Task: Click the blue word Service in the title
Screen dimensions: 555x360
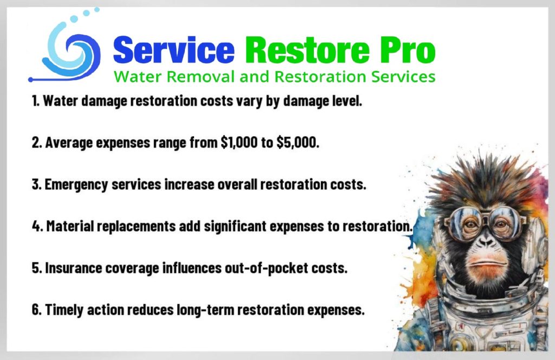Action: click(174, 50)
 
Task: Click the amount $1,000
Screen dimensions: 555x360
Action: click(239, 143)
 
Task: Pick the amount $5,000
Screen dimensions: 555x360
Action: click(298, 143)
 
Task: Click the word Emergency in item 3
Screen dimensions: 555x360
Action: click(76, 185)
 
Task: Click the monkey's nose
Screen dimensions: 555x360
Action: click(486, 242)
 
